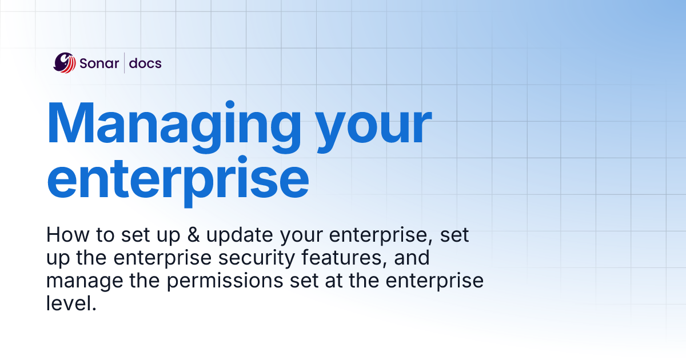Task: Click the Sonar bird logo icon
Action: coord(65,63)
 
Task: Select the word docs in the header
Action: coord(145,63)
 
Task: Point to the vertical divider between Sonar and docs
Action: coord(124,63)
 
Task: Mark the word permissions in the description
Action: coord(228,282)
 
